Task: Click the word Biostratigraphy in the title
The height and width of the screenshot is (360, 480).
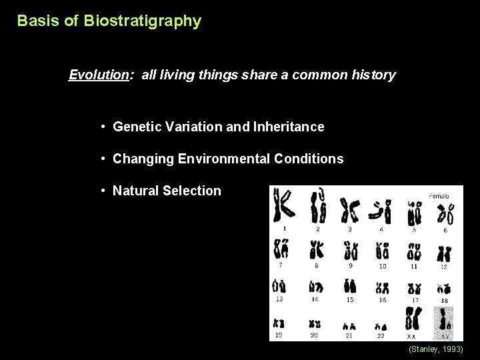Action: tap(142, 21)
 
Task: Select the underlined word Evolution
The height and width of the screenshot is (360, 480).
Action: tap(99, 75)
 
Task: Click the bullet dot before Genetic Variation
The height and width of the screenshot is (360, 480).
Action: tap(105, 127)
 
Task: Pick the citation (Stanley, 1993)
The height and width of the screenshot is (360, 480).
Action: tap(435, 349)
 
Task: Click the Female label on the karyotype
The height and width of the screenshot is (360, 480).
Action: tap(439, 196)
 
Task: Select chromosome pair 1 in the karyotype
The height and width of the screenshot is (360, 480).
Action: tap(284, 207)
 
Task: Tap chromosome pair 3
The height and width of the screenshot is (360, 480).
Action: tap(349, 211)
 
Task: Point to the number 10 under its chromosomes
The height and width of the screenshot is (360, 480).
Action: tap(382, 267)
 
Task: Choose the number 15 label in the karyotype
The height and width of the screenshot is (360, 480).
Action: tap(350, 300)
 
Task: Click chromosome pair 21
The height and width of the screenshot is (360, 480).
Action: tap(349, 326)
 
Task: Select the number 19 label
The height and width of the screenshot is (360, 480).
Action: tap(279, 335)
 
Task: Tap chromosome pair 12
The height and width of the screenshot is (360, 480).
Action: tap(443, 253)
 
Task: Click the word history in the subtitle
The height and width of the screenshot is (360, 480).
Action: tap(374, 75)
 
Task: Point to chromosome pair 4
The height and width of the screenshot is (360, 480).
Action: tap(382, 212)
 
